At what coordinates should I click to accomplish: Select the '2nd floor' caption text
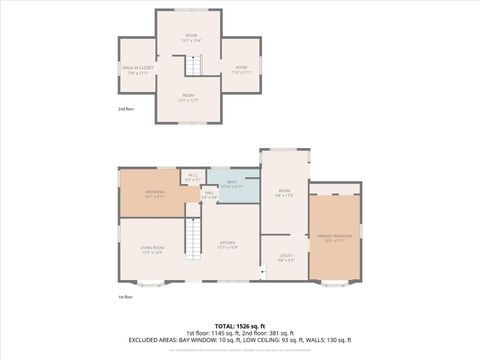pyautogui.click(x=126, y=108)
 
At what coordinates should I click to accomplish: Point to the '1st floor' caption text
pyautogui.click(x=126, y=297)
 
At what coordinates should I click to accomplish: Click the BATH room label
pyautogui.click(x=231, y=184)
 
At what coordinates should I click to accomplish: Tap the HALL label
pyautogui.click(x=209, y=195)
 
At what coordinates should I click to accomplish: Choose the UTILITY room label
pyautogui.click(x=284, y=258)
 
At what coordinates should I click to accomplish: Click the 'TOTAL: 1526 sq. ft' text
pyautogui.click(x=239, y=325)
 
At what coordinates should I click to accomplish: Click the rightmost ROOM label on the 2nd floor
pyautogui.click(x=241, y=70)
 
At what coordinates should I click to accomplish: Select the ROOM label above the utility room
pyautogui.click(x=284, y=193)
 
